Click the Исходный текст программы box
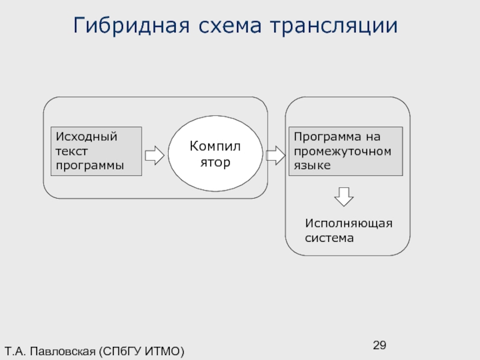click(96, 151)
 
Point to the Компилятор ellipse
click(214, 154)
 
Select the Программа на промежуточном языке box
click(346, 151)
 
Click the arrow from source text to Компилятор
click(155, 155)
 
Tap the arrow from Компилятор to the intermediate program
click(275, 155)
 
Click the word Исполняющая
click(348, 223)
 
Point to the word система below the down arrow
click(329, 238)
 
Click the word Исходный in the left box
click(86, 136)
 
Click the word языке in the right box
click(312, 164)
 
